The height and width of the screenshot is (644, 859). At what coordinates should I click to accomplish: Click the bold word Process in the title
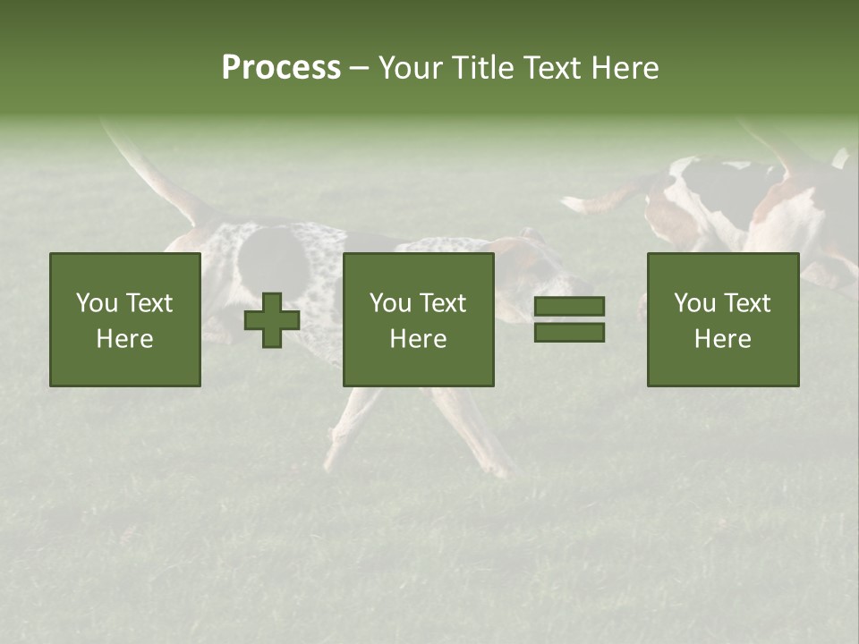[281, 68]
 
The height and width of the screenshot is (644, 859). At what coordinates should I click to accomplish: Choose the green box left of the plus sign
[125, 319]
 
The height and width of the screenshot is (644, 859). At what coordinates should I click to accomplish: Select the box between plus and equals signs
[418, 319]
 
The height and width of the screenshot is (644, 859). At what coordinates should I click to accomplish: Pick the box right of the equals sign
[722, 319]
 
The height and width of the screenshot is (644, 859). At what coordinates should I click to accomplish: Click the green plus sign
[272, 320]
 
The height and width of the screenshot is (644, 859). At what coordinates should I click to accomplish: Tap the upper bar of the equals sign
[569, 307]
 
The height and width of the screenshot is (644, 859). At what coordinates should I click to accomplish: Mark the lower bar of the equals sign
[569, 332]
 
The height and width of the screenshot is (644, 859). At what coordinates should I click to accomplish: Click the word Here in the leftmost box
[124, 339]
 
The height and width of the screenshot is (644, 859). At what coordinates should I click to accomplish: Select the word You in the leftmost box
[97, 303]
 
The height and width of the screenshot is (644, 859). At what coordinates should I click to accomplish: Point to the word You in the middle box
[390, 303]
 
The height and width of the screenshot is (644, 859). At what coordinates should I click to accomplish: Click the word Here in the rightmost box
[722, 339]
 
